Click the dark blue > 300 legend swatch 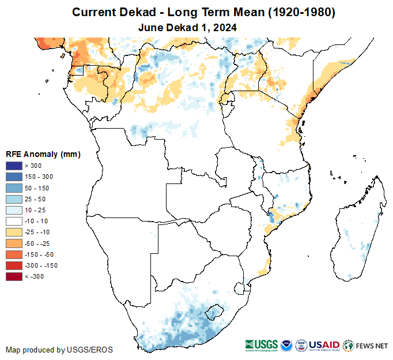(x=14, y=166)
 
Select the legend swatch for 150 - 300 (x=14, y=177)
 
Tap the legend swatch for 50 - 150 (x=14, y=188)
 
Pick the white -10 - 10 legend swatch (x=14, y=221)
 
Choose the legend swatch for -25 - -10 (x=14, y=232)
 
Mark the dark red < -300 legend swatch (x=14, y=276)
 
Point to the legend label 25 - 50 (x=36, y=199)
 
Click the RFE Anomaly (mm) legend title (x=43, y=155)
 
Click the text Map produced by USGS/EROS (x=59, y=350)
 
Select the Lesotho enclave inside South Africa (x=216, y=312)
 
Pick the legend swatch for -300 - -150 (x=14, y=265)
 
